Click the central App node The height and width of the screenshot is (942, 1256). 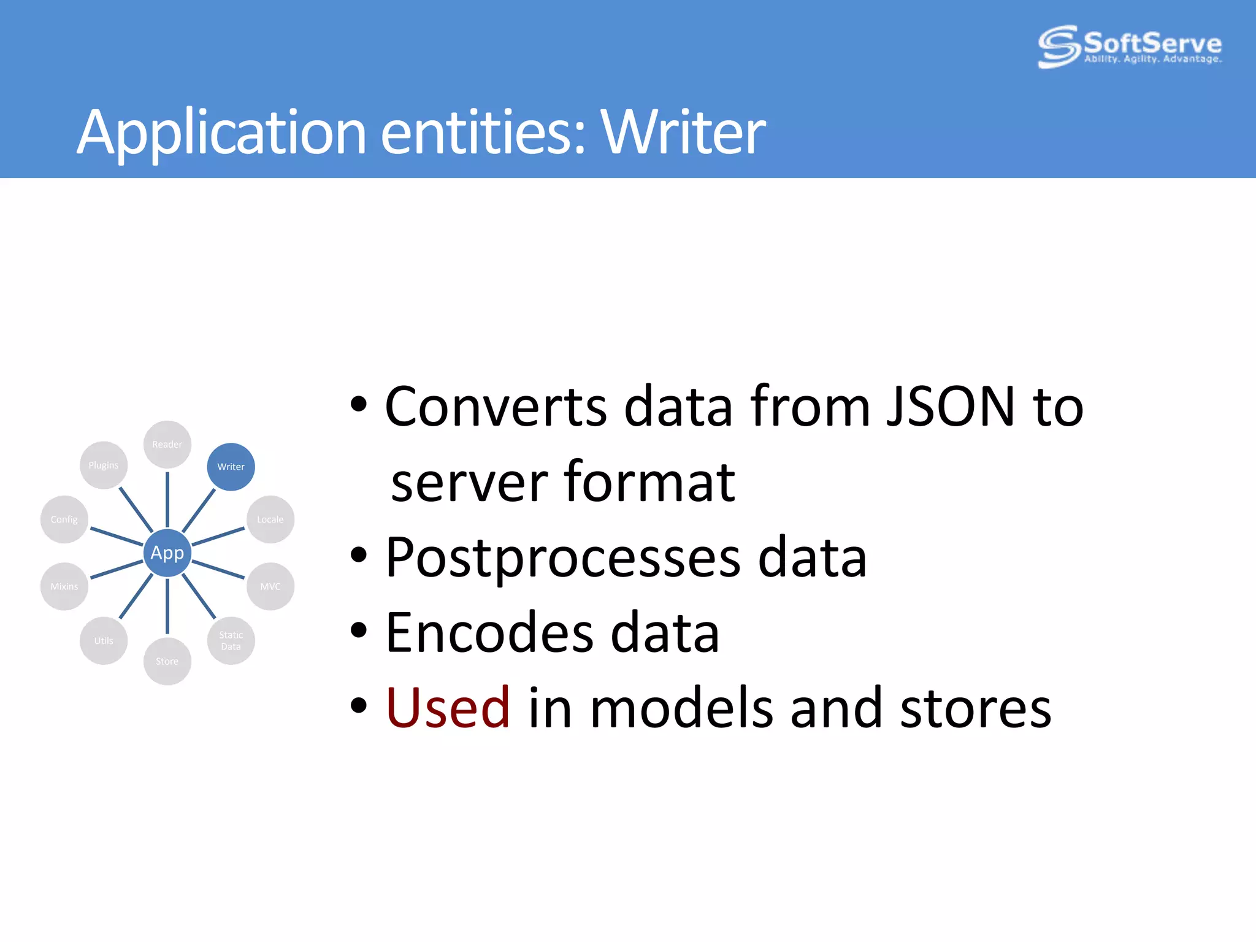167,553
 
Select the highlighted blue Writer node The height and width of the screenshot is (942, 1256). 231,467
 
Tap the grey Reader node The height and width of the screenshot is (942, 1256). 167,444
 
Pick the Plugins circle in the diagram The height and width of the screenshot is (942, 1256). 103,465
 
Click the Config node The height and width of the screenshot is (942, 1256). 64,519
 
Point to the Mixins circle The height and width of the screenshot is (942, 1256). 64,586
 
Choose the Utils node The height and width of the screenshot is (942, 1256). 103,640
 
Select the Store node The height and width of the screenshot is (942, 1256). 167,661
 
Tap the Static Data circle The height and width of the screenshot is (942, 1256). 231,640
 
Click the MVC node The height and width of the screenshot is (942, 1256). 270,586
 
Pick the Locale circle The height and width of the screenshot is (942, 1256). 270,519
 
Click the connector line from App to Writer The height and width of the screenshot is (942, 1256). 199,510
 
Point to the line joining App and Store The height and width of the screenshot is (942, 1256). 167,605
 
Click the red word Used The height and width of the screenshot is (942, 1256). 448,708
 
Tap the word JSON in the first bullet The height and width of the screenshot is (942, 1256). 950,406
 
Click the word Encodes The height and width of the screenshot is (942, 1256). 489,632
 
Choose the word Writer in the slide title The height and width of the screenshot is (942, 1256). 683,131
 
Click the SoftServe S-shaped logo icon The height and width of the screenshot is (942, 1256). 1059,46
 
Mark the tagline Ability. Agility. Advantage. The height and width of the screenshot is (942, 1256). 1152,59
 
